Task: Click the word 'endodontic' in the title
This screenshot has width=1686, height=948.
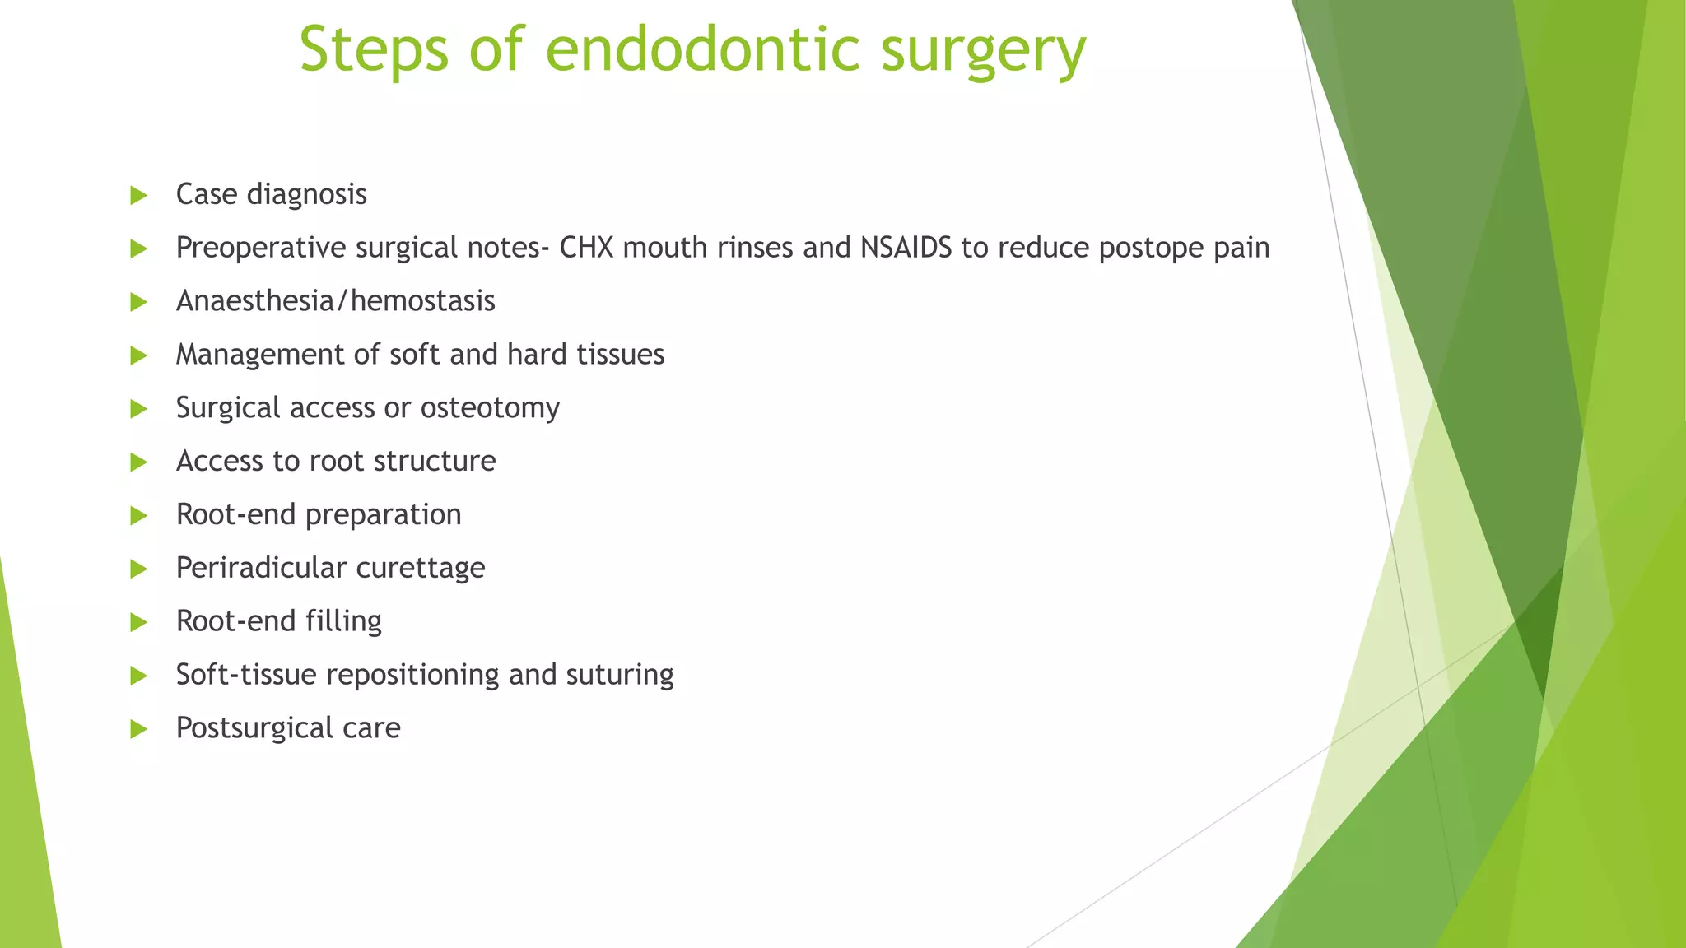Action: [x=702, y=49]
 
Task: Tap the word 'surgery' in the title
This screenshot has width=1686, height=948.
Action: [x=983, y=51]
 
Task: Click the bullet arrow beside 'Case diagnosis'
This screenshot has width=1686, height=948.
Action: [x=138, y=196]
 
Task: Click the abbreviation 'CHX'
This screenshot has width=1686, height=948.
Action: [x=586, y=248]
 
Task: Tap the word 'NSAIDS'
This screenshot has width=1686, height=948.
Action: [x=906, y=248]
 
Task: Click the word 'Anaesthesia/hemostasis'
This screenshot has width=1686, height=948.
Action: [x=336, y=301]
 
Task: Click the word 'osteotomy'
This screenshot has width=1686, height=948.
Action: [x=490, y=408]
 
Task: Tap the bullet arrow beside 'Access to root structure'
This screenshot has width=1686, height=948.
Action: [x=138, y=462]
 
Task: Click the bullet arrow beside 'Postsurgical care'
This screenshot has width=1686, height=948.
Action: [x=138, y=729]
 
